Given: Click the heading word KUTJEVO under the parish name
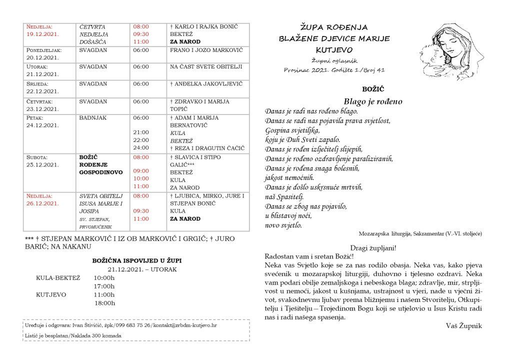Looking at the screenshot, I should point(334,50).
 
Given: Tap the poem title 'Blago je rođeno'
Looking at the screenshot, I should point(373,101).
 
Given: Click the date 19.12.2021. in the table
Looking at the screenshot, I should point(42,34).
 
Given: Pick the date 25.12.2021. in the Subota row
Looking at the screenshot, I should point(42,164).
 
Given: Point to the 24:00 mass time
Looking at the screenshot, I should point(141,148).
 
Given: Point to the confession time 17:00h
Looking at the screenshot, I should point(104,286).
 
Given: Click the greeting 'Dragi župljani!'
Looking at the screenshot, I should point(374,248).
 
